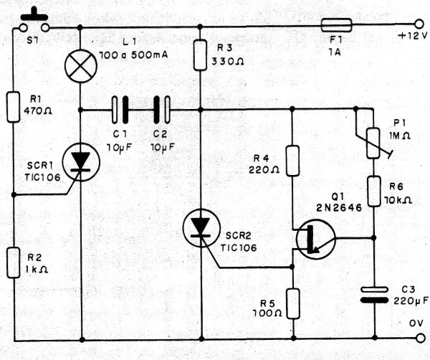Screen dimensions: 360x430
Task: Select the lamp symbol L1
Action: tap(80, 68)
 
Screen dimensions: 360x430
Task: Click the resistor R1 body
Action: tap(14, 105)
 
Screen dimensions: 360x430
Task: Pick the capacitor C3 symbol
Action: tap(376, 294)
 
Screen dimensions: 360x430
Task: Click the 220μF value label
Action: tap(408, 300)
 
